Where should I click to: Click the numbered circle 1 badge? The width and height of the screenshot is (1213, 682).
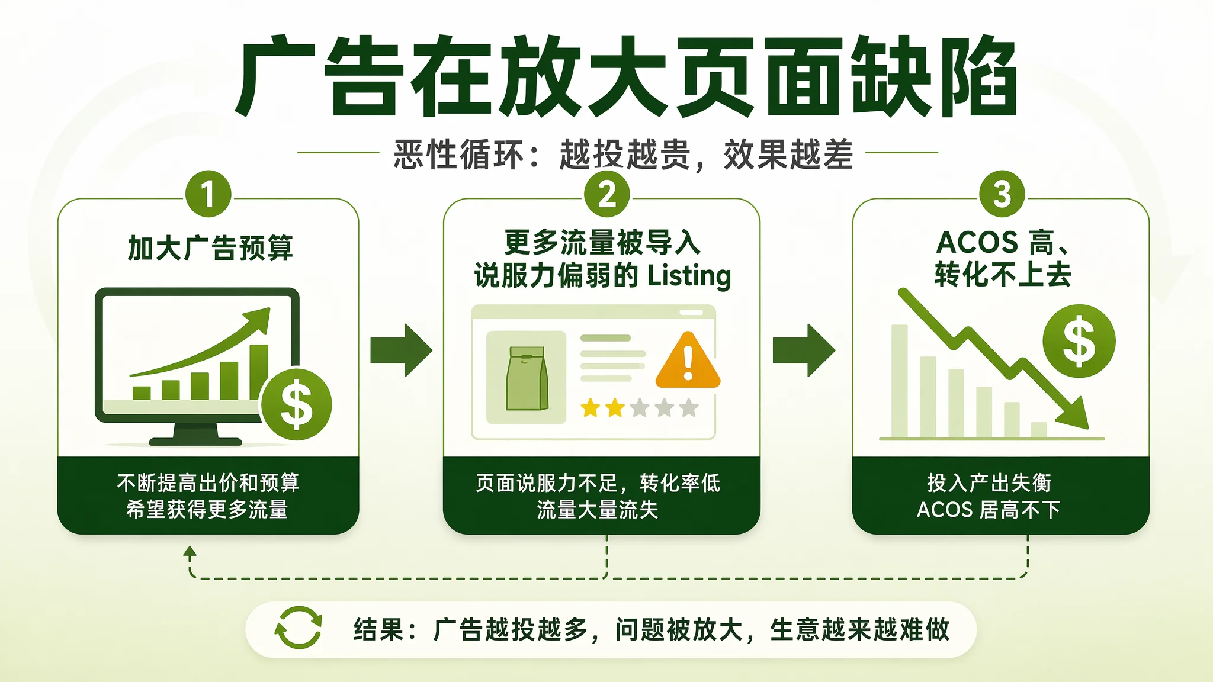[x=208, y=194]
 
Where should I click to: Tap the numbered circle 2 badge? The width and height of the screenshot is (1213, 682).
[x=607, y=194]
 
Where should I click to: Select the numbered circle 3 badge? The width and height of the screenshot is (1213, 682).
[x=1002, y=194]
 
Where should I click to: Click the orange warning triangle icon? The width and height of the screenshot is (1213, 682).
[x=688, y=360]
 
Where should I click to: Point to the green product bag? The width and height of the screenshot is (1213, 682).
[x=527, y=378]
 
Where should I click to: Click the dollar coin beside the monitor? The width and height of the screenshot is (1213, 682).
[x=296, y=404]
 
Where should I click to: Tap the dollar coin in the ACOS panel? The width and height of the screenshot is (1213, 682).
[x=1079, y=341]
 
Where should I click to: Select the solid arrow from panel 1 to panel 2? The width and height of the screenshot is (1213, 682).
[x=402, y=350]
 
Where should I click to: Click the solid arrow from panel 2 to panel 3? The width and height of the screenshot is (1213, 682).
[x=804, y=350]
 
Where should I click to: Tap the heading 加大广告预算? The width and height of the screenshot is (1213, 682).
[x=210, y=248]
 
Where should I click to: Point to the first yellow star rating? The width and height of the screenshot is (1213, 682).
[x=591, y=408]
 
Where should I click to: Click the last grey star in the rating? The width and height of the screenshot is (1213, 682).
[x=689, y=408]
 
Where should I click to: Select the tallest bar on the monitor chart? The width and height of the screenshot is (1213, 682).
[x=259, y=372]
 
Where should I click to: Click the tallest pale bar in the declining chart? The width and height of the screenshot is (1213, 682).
[x=900, y=381]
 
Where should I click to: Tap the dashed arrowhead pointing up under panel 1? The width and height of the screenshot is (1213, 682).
[x=190, y=552]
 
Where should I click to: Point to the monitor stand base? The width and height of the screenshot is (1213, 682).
[x=195, y=441]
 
